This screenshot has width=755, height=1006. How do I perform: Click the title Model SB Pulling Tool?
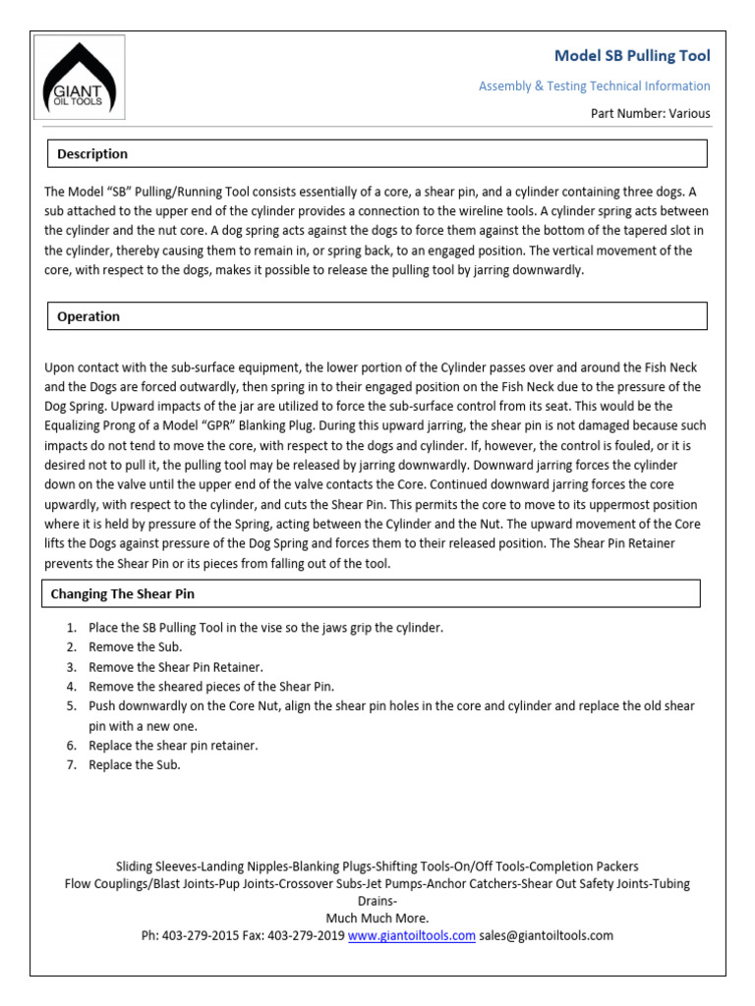click(x=632, y=56)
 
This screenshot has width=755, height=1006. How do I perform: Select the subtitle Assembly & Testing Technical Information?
click(x=594, y=86)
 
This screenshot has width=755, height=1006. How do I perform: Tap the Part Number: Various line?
click(x=650, y=113)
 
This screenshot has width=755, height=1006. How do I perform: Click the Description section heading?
click(x=92, y=154)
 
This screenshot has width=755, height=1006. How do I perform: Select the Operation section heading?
click(x=88, y=316)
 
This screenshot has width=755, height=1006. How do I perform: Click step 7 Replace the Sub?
click(x=135, y=765)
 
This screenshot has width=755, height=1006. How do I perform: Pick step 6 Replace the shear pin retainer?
click(x=173, y=746)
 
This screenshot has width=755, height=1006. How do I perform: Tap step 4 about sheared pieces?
click(x=211, y=687)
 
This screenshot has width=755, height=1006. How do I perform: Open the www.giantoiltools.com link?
click(x=412, y=936)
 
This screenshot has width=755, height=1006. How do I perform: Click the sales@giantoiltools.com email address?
click(x=546, y=936)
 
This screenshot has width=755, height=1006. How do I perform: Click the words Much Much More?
click(x=377, y=919)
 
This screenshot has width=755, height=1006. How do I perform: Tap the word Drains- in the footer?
click(x=377, y=901)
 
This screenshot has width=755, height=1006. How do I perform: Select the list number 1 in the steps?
click(x=72, y=628)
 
